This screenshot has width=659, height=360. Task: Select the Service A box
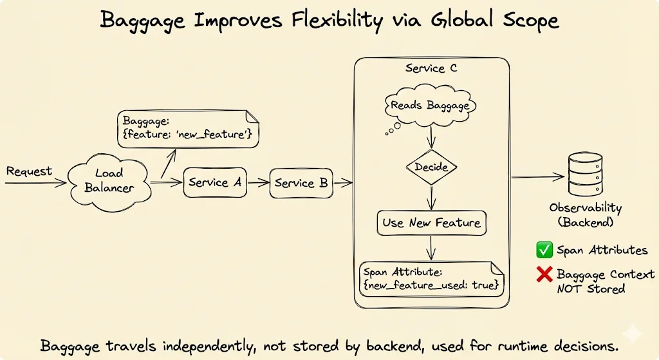click(215, 183)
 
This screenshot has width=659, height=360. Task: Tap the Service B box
click(301, 184)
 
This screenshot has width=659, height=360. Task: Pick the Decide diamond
click(431, 167)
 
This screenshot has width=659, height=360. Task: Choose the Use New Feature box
click(431, 223)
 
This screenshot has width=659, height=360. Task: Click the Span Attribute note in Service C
click(429, 278)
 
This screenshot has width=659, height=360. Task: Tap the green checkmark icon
click(544, 250)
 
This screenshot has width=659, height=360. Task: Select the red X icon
click(544, 274)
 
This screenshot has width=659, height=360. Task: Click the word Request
click(29, 171)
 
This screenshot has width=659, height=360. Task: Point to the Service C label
click(431, 68)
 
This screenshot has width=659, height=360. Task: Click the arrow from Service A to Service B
click(257, 183)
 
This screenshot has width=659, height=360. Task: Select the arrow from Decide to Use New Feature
click(431, 196)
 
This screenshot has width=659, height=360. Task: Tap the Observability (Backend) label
click(585, 215)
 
